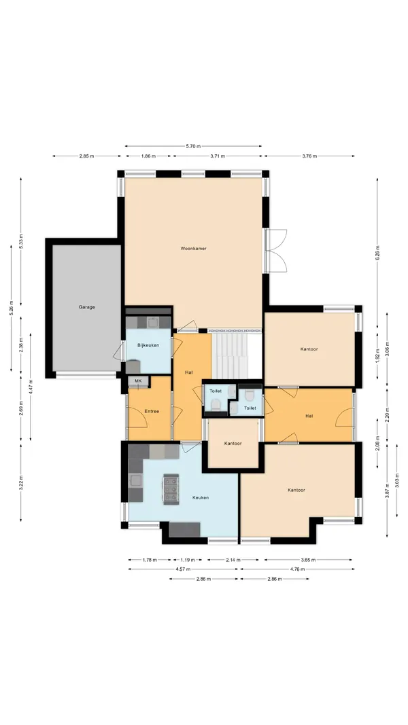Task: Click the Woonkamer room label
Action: [x=193, y=248]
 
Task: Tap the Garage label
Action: [x=86, y=306]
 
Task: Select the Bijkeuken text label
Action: [x=148, y=345]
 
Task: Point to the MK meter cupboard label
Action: [x=138, y=381]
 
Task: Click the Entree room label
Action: [x=152, y=411]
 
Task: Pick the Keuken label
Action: [x=201, y=497]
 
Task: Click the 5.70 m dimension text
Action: [x=193, y=146]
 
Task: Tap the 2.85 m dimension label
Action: [x=86, y=156]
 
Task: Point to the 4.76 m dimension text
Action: [x=296, y=569]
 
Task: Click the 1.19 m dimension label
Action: [x=188, y=560]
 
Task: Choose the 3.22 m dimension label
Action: [x=21, y=482]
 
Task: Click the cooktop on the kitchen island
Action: [x=170, y=490]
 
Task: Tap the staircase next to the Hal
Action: [x=231, y=355]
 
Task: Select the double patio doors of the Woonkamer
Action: [x=275, y=250]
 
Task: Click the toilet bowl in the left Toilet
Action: [x=216, y=404]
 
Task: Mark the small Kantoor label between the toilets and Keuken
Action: [x=233, y=444]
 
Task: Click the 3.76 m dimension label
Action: [x=309, y=156]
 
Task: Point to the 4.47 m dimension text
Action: [x=31, y=387]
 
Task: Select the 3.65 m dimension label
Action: [x=307, y=560]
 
